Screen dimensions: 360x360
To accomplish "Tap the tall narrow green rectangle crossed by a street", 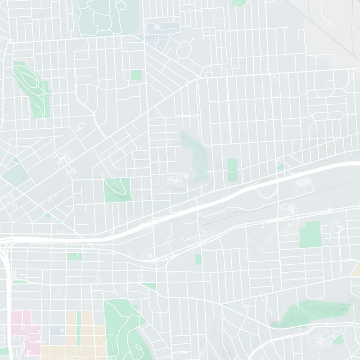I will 232,170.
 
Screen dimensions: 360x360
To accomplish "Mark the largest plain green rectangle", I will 310,234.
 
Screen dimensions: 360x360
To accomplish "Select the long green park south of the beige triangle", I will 315,313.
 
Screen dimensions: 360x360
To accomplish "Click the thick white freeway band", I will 202,207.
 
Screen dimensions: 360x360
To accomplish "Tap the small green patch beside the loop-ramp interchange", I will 280,167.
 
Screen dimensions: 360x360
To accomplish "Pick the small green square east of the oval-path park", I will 136,75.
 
